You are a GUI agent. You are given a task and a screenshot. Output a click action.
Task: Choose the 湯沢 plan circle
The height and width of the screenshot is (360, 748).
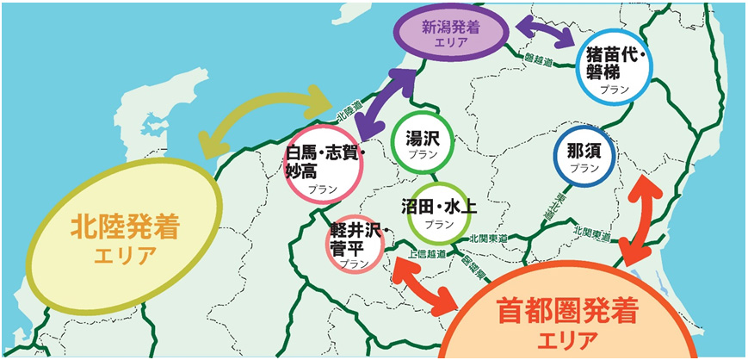422,144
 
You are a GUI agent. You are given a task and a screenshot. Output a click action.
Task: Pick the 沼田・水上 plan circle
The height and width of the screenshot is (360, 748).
438,213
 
